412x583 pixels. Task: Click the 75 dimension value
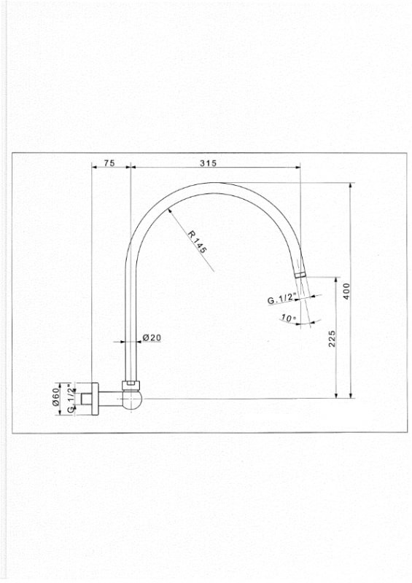click(x=109, y=163)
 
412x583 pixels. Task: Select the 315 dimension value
click(x=208, y=163)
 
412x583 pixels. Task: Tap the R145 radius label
click(x=196, y=242)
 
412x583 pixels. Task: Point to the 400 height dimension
click(x=346, y=291)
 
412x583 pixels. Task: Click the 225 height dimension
click(x=332, y=338)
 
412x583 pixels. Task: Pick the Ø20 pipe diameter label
click(x=152, y=337)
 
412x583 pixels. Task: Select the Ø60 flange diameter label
click(x=56, y=396)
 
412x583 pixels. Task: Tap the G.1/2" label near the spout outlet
click(x=281, y=299)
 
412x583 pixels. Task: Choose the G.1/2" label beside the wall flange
click(x=71, y=399)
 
